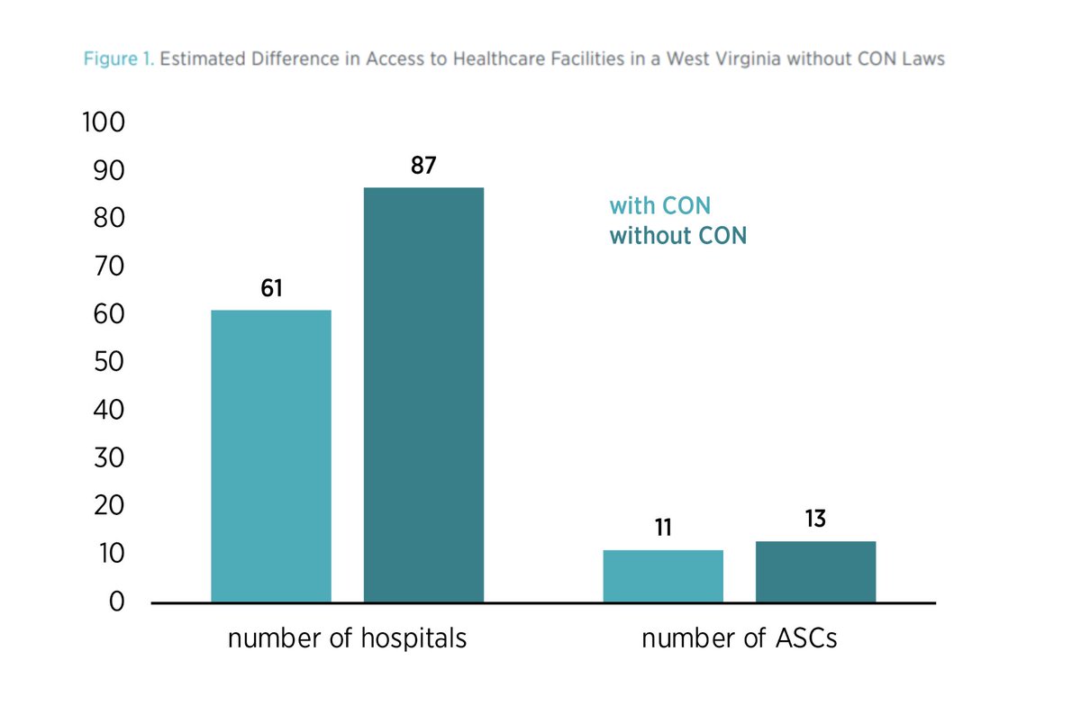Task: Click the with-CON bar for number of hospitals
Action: point(271,456)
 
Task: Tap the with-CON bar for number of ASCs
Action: point(663,575)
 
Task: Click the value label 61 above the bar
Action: point(271,289)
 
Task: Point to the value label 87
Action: point(423,167)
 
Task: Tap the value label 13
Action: point(815,520)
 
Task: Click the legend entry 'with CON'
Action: point(659,206)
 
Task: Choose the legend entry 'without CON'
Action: point(677,236)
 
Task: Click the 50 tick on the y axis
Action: point(106,362)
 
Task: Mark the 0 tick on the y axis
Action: point(115,602)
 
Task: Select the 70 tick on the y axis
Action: point(106,267)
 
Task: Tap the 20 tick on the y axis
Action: point(106,506)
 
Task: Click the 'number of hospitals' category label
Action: point(347,639)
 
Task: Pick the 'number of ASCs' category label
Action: point(739,639)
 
